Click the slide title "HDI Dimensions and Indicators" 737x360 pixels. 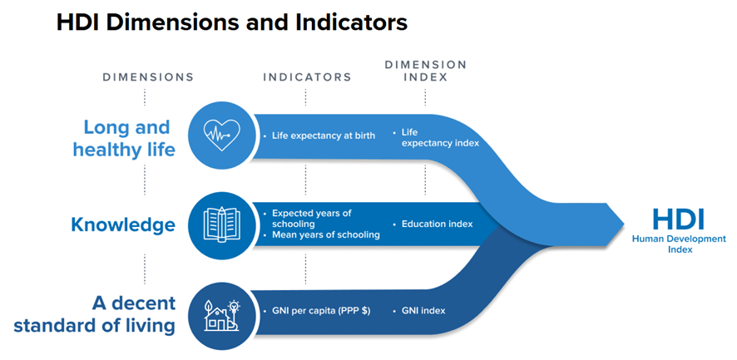click(x=232, y=22)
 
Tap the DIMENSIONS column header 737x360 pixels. click(x=148, y=77)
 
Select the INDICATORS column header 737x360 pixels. click(x=307, y=77)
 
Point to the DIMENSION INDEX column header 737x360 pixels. click(x=425, y=71)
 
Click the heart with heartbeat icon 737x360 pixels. click(x=220, y=135)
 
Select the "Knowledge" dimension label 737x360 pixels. click(x=123, y=224)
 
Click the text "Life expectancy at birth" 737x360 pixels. click(x=324, y=136)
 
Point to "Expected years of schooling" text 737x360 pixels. click(x=312, y=219)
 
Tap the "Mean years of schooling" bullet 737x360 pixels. click(x=325, y=235)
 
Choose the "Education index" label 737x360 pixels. click(x=437, y=224)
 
